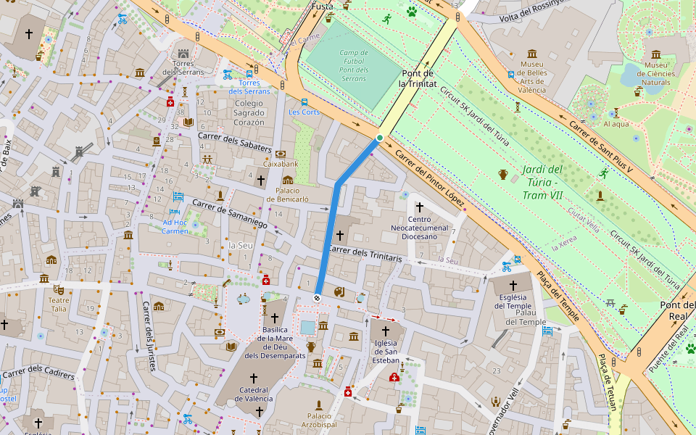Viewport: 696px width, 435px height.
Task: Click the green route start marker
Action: [x=379, y=137]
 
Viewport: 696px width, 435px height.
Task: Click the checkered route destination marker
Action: [x=317, y=297]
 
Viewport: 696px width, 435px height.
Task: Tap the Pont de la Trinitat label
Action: [x=418, y=78]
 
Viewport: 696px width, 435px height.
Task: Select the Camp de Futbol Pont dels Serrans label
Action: [x=354, y=65]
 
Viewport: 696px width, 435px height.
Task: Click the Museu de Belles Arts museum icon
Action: [x=532, y=54]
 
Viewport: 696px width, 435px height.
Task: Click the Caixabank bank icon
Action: [x=281, y=154]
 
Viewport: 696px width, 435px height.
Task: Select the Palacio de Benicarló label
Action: [x=288, y=194]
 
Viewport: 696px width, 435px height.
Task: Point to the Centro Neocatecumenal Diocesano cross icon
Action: [x=419, y=207]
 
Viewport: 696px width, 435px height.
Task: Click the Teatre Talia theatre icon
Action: [x=58, y=289]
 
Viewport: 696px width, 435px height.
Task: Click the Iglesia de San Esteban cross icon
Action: [x=386, y=331]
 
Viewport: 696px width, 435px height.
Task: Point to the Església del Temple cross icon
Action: [x=513, y=286]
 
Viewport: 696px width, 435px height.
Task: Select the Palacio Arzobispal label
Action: [x=319, y=420]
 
